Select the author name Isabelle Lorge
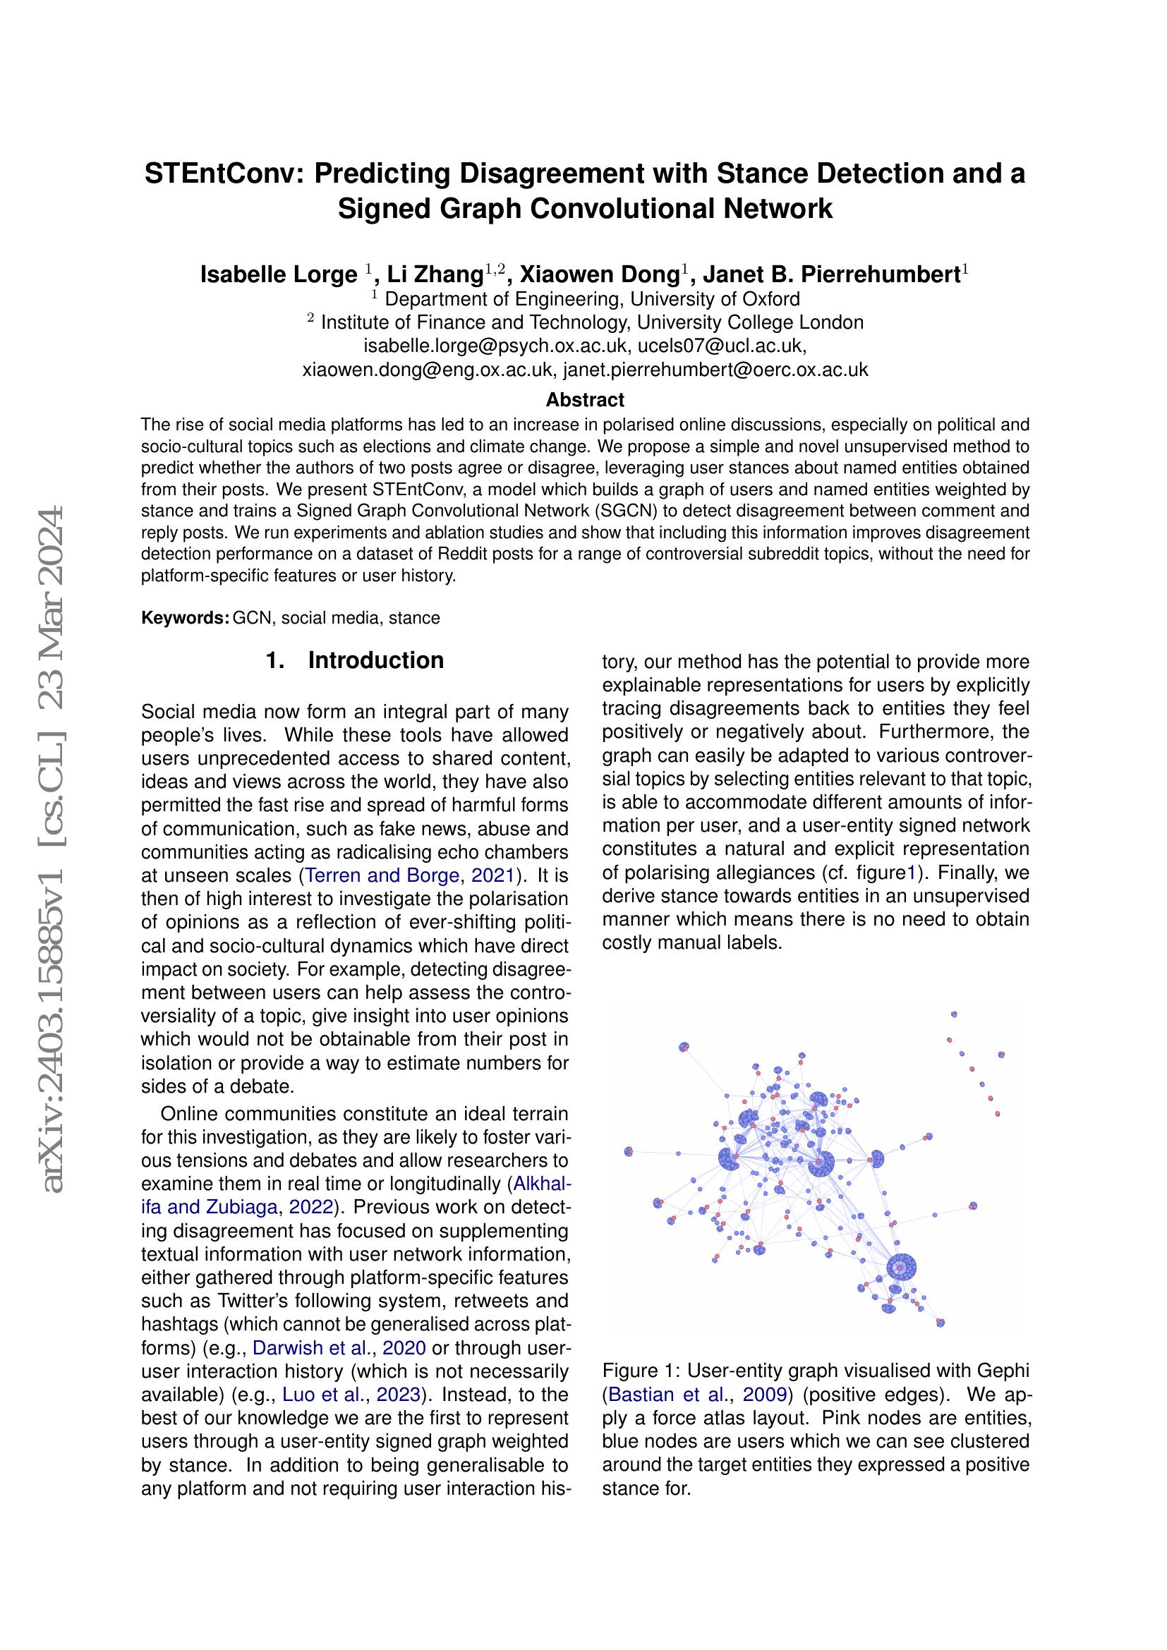tap(279, 274)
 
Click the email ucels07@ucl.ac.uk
tap(719, 346)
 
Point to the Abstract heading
tap(585, 399)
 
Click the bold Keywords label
tap(185, 618)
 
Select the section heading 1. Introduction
tap(355, 660)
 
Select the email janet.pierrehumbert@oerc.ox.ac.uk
tap(715, 370)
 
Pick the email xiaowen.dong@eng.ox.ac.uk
tap(428, 370)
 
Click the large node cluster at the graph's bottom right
tap(901, 1267)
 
